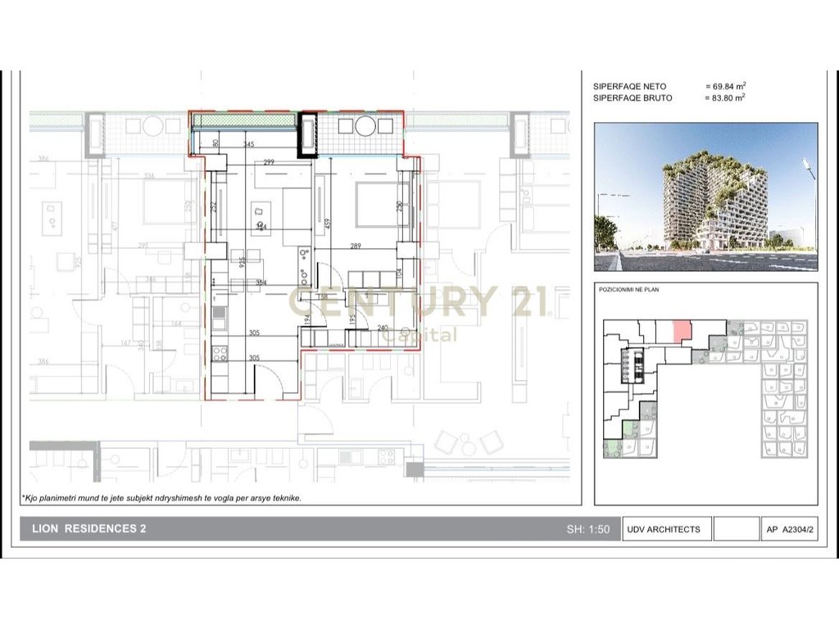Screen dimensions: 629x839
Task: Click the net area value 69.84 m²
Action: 725,86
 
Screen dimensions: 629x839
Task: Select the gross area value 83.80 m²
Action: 725,97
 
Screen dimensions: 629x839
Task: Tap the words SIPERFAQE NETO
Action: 629,86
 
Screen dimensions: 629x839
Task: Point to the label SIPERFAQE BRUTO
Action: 633,97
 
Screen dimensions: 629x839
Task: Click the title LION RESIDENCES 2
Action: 89,529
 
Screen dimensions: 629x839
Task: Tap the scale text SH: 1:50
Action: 588,529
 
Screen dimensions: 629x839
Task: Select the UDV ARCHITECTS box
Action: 664,529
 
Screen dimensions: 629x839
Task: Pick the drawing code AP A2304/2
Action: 790,529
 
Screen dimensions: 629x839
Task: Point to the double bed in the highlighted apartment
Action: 382,205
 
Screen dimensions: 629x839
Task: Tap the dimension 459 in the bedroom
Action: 327,221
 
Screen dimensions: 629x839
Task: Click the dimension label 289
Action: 356,246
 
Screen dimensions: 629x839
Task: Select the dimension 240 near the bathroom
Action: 383,328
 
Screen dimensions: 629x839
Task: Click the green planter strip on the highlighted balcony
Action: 243,121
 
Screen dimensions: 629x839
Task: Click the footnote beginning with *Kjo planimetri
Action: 161,497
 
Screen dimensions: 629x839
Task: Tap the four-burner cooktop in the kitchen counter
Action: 220,354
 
